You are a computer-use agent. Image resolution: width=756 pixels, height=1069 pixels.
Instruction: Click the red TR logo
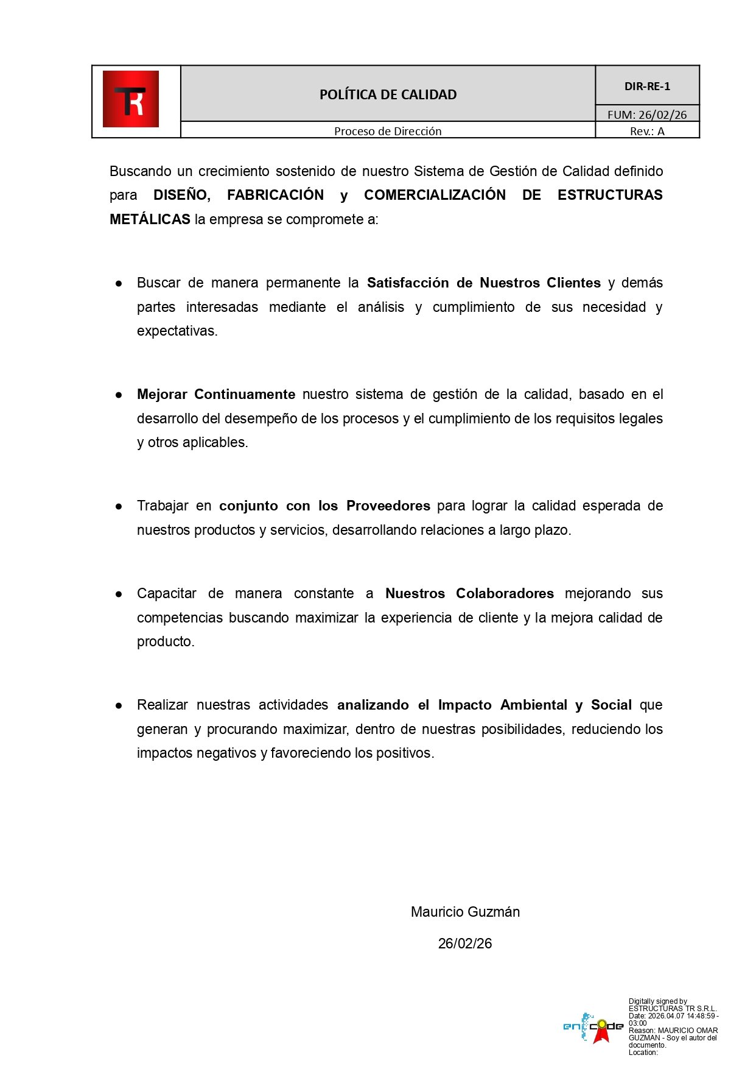pos(131,99)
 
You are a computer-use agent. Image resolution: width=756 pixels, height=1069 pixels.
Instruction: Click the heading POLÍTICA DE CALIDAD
pos(388,94)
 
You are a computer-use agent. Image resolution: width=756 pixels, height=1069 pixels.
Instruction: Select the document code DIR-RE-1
pos(647,86)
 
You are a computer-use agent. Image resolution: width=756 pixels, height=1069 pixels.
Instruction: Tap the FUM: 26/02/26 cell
pos(647,115)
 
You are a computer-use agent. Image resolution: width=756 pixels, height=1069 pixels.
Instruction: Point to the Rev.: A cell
pos(647,132)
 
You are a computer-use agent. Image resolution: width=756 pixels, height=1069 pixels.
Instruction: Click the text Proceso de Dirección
pos(388,131)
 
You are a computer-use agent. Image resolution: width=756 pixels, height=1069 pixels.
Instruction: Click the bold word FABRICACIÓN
pos(275,195)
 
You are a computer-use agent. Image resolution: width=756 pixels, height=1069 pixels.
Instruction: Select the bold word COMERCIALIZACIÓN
pos(435,195)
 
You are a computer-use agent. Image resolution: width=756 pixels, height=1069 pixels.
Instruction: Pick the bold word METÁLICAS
pos(150,219)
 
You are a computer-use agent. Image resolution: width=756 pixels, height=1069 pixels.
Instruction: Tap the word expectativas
pos(177,331)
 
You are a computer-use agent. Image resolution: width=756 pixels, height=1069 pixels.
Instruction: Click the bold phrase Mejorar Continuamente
pos(216,394)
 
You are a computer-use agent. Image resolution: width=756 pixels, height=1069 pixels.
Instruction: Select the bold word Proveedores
pos(388,506)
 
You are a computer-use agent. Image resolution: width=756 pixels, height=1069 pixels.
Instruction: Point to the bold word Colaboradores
pos(505,593)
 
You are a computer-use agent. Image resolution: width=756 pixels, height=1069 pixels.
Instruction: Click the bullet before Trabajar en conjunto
pos(119,506)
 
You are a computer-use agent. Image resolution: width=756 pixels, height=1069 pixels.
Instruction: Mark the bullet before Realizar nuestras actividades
pos(119,705)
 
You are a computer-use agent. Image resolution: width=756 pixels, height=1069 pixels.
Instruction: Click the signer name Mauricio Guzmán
pos(465,912)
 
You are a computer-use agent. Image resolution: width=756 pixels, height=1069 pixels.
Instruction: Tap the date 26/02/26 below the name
pos(465,944)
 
